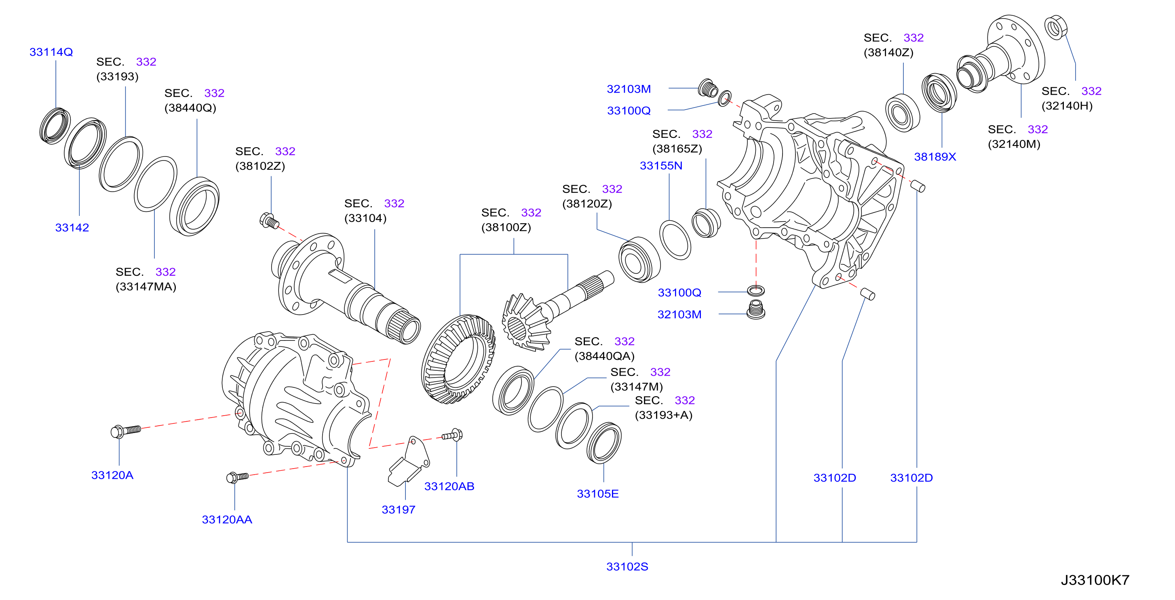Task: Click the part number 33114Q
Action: click(51, 52)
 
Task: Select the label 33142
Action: click(72, 228)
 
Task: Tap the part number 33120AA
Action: click(227, 520)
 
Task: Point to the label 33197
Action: click(398, 510)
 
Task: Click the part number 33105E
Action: click(597, 494)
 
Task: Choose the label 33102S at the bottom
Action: click(627, 567)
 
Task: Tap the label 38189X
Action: click(935, 157)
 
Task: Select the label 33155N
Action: click(661, 166)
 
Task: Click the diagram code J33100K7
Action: click(1095, 580)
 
